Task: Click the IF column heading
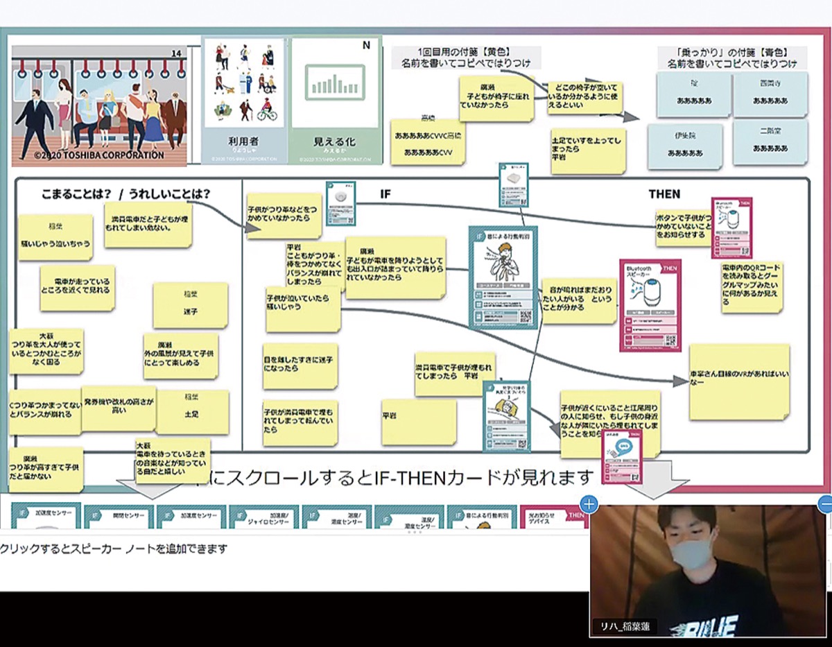coord(385,194)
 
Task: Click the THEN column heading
coord(664,194)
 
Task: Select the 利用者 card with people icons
coord(243,101)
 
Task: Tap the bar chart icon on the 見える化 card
coord(336,82)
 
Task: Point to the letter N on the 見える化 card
coord(365,46)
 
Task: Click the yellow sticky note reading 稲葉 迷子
coord(190,305)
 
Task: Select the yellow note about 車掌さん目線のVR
coord(738,381)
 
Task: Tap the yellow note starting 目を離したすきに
coord(300,366)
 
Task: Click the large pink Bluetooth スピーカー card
coord(650,305)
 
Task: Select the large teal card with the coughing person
coord(502,277)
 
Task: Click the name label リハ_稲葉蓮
coord(626,626)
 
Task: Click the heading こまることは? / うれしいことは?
coord(125,194)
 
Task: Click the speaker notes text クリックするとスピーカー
coord(114,549)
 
